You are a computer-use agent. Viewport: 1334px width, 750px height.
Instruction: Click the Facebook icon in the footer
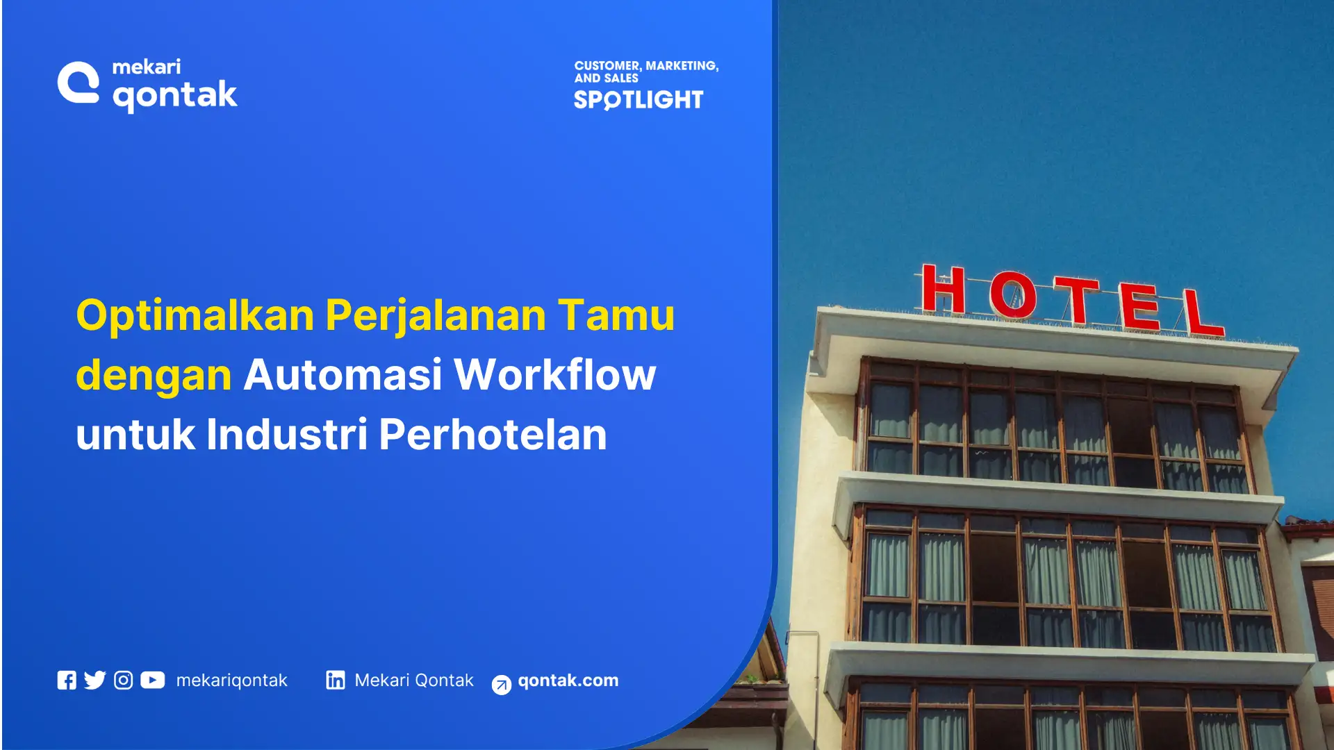pyautogui.click(x=67, y=681)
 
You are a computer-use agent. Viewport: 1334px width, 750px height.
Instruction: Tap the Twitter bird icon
pyautogui.click(x=94, y=680)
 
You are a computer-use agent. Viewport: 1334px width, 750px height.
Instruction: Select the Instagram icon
pyautogui.click(x=123, y=681)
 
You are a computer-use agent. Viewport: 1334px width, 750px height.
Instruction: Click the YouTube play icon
pyautogui.click(x=153, y=680)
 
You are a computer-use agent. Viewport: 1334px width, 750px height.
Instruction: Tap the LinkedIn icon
pyautogui.click(x=336, y=680)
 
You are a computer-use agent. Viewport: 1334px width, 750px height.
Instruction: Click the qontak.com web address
pyautogui.click(x=568, y=681)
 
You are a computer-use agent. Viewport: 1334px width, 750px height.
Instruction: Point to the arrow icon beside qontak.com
pyautogui.click(x=501, y=685)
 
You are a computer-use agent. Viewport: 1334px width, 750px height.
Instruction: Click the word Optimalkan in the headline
pyautogui.click(x=195, y=316)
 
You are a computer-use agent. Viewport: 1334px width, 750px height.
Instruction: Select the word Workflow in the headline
pyautogui.click(x=554, y=375)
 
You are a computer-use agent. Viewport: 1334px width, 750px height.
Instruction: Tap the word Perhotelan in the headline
pyautogui.click(x=493, y=435)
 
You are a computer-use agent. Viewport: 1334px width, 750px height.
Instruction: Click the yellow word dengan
pyautogui.click(x=154, y=376)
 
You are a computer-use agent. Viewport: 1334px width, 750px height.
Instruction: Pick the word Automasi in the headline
pyautogui.click(x=343, y=375)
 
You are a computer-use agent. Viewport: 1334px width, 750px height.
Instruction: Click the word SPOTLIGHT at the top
pyautogui.click(x=639, y=100)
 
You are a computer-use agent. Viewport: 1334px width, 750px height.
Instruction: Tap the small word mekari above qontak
pyautogui.click(x=147, y=67)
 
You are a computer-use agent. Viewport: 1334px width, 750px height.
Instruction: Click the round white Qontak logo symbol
pyautogui.click(x=79, y=83)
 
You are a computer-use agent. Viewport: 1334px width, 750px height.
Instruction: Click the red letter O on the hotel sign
pyautogui.click(x=1012, y=295)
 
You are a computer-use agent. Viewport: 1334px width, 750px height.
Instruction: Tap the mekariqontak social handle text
pyautogui.click(x=231, y=681)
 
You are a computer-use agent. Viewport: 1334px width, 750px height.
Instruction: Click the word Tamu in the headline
pyautogui.click(x=616, y=316)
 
